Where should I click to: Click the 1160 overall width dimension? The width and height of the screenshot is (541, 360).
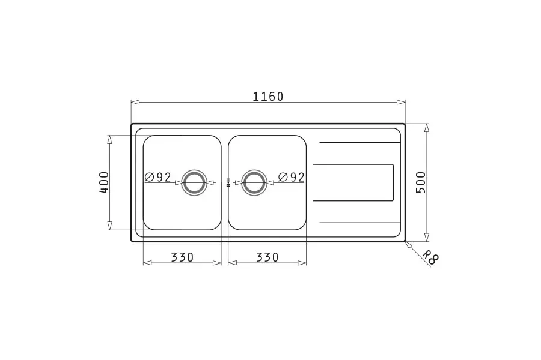[267, 97]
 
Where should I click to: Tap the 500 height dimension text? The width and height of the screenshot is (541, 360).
[421, 182]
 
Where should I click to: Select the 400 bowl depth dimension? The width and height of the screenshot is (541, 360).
[104, 182]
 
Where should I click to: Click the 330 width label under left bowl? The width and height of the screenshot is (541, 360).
[182, 257]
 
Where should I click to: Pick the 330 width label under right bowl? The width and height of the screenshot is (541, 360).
[267, 257]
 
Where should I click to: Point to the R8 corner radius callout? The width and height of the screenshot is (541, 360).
[430, 257]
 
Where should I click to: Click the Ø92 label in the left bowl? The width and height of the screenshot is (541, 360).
[158, 178]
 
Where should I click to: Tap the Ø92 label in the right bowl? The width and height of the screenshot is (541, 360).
[292, 178]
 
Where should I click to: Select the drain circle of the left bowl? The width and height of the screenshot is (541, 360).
[194, 170]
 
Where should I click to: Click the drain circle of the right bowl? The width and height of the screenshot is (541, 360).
[255, 170]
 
